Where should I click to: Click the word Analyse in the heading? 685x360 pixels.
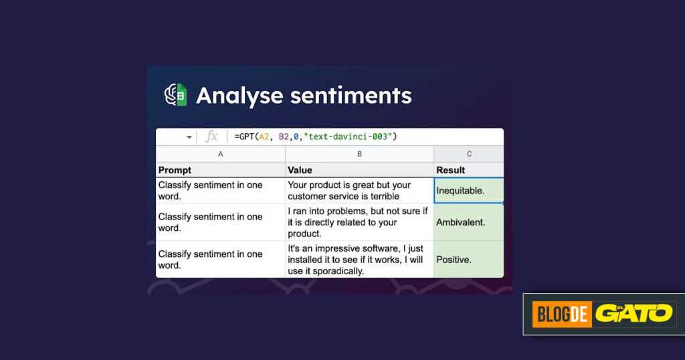pyautogui.click(x=239, y=96)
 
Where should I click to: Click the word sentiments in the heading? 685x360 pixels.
pyautogui.click(x=351, y=96)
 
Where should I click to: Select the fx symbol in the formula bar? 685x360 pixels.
pyautogui.click(x=211, y=137)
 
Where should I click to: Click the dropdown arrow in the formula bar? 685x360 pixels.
pyautogui.click(x=189, y=137)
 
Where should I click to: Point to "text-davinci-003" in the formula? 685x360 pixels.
pyautogui.click(x=349, y=137)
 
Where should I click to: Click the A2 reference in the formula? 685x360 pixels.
pyautogui.click(x=264, y=137)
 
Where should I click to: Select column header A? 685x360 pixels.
pyautogui.click(x=221, y=154)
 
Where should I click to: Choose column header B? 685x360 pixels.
pyautogui.click(x=359, y=154)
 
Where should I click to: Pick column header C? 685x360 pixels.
pyautogui.click(x=469, y=154)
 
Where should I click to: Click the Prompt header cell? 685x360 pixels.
pyautogui.click(x=221, y=170)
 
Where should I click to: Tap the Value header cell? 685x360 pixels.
pyautogui.click(x=359, y=170)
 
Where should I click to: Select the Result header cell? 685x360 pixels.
pyautogui.click(x=469, y=170)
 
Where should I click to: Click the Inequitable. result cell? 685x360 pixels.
pyautogui.click(x=469, y=191)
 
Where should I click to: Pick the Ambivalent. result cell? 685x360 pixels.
pyautogui.click(x=469, y=222)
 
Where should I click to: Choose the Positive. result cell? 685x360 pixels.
pyautogui.click(x=469, y=259)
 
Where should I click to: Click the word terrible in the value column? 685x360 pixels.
pyautogui.click(x=385, y=196)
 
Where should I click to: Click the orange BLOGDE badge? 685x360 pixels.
pyautogui.click(x=562, y=314)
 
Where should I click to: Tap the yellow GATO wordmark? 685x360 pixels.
pyautogui.click(x=634, y=313)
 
